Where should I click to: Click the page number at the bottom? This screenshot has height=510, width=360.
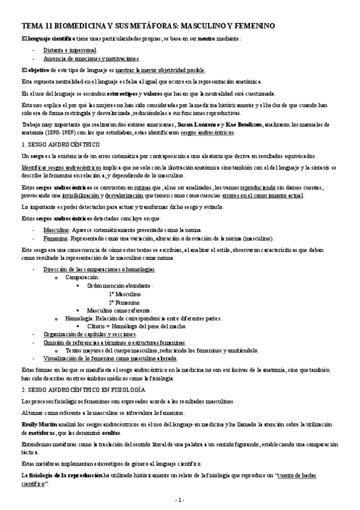pyautogui.click(x=179, y=500)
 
